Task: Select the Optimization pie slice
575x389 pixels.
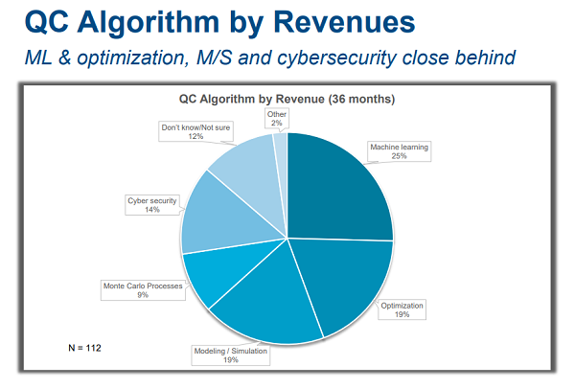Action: tap(345, 283)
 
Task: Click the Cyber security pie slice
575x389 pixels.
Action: tap(216, 216)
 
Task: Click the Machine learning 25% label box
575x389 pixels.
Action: tap(400, 151)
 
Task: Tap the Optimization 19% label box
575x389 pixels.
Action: tap(402, 309)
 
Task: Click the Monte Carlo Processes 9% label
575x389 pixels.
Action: tap(142, 289)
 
